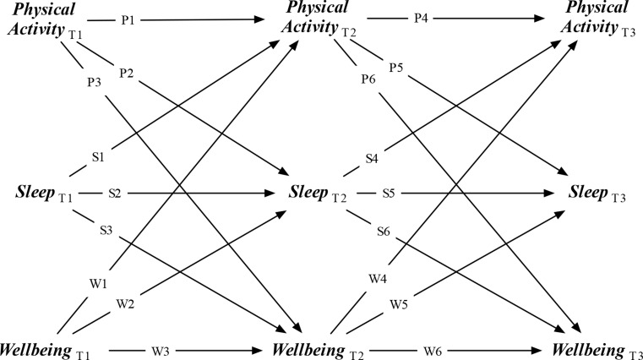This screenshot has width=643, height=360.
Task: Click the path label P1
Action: tap(128, 19)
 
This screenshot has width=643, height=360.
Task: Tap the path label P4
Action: tap(421, 18)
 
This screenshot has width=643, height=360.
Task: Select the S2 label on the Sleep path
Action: tap(114, 194)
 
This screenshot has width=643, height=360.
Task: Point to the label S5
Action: tap(389, 194)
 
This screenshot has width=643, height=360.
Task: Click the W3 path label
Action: tap(160, 351)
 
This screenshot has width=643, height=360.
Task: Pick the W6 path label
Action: tap(433, 351)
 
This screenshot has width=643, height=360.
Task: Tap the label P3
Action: tap(94, 83)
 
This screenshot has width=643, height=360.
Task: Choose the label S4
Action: tap(372, 158)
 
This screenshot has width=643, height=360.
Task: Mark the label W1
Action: tap(98, 283)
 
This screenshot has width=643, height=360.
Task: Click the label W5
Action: tap(399, 304)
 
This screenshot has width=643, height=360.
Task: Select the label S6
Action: tap(384, 232)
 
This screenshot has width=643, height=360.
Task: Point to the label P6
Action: tap(368, 79)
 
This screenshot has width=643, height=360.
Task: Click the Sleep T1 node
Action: tap(44, 193)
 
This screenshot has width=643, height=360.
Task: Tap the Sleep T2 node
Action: tap(318, 193)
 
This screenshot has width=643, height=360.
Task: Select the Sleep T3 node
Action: tap(597, 193)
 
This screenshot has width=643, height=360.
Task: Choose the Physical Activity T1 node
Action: tap(45, 20)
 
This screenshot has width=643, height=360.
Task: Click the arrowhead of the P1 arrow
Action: tap(259, 19)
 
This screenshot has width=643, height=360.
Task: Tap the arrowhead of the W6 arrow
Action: tap(537, 351)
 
